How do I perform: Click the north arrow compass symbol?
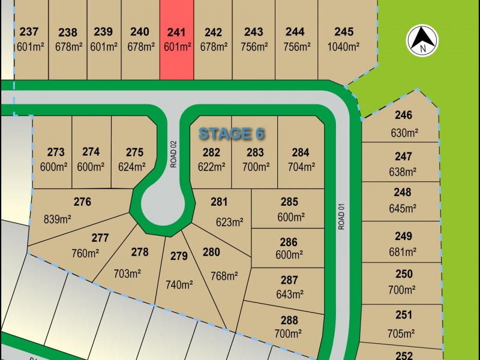point(423,41)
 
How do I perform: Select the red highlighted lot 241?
point(176,40)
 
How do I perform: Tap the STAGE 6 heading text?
point(231,133)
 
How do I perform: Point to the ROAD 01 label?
point(343,215)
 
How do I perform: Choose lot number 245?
point(344,32)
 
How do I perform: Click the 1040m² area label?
point(344,46)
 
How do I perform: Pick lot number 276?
point(82,202)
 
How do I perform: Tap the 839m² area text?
point(58,219)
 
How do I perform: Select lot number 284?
point(301,152)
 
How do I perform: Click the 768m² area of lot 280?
point(224,276)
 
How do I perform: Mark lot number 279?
point(179,256)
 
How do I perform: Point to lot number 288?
point(289,320)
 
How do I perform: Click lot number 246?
point(404,116)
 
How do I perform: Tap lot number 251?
point(404,314)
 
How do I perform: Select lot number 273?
point(55,152)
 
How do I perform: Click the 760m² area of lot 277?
point(86,254)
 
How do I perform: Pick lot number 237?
point(29,32)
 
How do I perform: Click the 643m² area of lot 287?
point(289,294)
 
